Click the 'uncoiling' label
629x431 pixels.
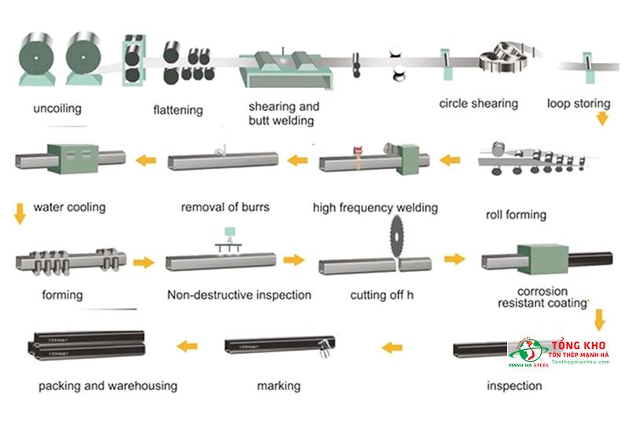point(58,109)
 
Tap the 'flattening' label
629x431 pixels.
point(178,109)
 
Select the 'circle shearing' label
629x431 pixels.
point(478,103)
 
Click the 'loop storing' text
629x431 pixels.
point(579,103)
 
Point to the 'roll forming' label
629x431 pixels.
point(517,214)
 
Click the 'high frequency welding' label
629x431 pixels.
point(375,208)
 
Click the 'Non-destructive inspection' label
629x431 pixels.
point(239,295)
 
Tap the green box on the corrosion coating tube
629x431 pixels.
point(539,260)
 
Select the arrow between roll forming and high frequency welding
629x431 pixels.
point(450,160)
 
